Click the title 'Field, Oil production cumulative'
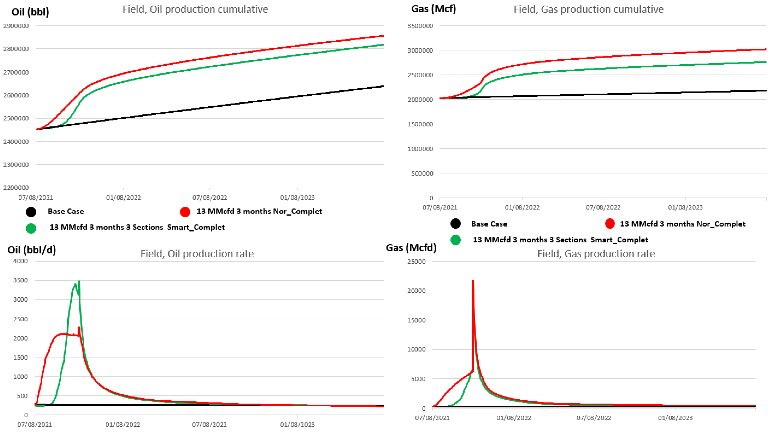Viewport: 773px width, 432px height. coord(195,9)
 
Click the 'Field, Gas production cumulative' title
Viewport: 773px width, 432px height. coord(588,9)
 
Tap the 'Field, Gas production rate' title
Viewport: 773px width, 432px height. coord(596,254)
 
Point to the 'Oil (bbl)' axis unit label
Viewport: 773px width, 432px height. coord(30,12)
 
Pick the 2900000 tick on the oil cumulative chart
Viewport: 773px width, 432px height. coord(16,26)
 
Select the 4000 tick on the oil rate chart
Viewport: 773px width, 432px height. coord(20,261)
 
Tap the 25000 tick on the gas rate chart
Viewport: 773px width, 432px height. coord(416,261)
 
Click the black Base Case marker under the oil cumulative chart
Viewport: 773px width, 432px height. coord(31,212)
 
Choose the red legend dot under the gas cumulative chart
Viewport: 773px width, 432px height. coord(610,224)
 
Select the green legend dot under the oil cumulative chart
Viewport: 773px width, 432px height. coord(31,228)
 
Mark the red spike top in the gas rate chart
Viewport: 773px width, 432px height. coord(473,281)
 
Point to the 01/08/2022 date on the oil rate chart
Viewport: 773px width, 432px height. coord(123,425)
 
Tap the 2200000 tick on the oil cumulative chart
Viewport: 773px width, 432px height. coord(16,188)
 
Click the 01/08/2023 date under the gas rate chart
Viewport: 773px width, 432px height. coord(675,418)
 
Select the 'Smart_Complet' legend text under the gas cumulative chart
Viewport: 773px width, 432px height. coord(619,240)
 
